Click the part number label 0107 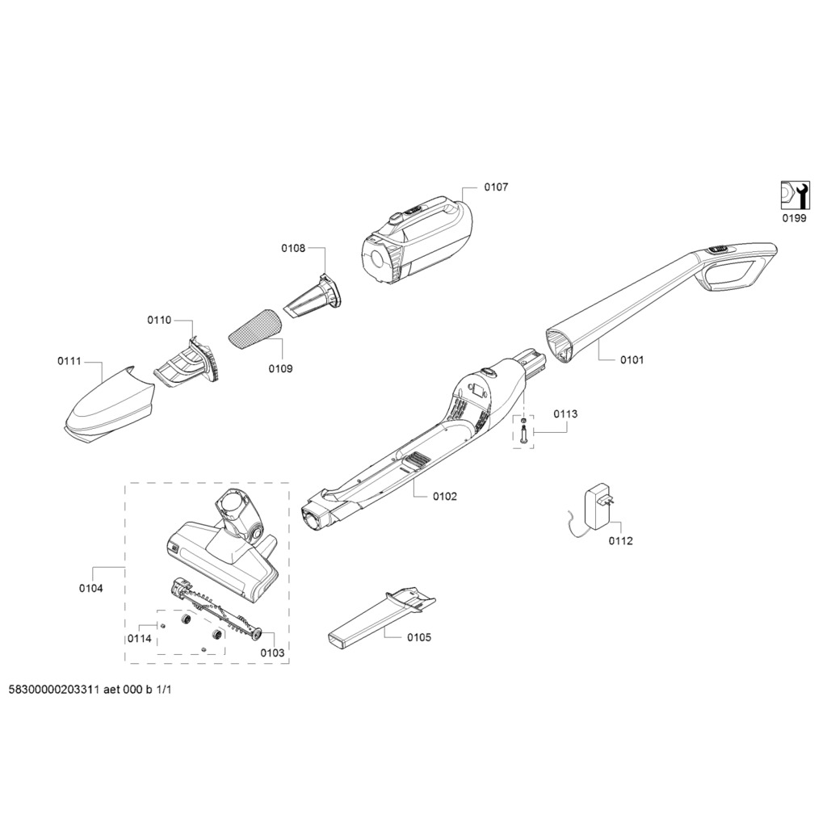click(x=496, y=187)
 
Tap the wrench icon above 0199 click(x=795, y=195)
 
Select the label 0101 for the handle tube click(x=632, y=360)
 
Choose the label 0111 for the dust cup click(x=69, y=361)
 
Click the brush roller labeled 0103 click(x=216, y=609)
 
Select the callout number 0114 click(x=139, y=639)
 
